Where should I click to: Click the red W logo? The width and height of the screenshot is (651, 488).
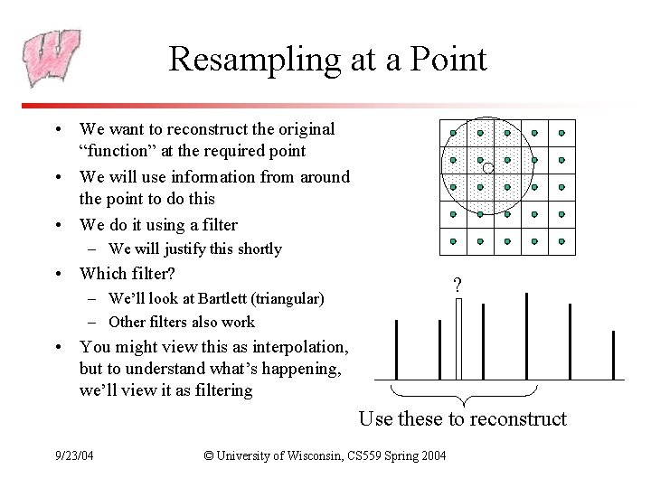tap(52, 59)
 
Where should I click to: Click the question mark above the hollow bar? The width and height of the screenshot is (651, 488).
tap(457, 286)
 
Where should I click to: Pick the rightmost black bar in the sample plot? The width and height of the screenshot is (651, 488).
tap(614, 355)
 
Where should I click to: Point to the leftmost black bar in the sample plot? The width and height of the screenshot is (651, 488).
tap(397, 350)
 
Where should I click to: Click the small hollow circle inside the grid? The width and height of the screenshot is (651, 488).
tap(486, 168)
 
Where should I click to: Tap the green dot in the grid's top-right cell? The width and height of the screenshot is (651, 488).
tap(561, 134)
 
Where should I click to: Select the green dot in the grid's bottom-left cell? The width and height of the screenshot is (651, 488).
tap(453, 241)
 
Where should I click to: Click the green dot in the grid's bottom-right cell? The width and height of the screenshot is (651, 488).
tap(561, 241)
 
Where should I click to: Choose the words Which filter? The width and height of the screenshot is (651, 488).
tap(127, 273)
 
